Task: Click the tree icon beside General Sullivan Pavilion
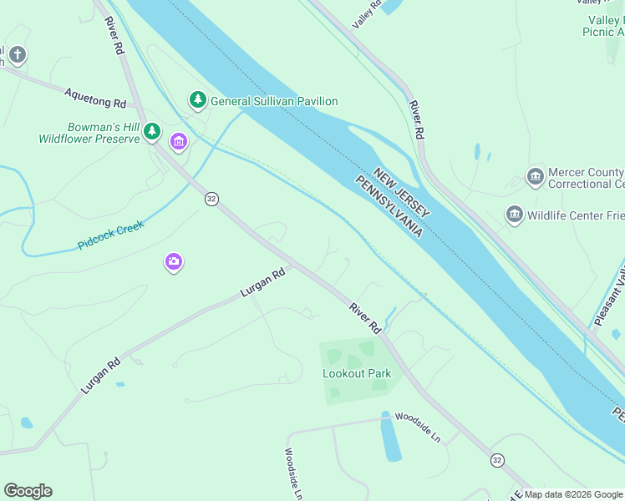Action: click(x=197, y=100)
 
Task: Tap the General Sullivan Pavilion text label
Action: click(x=274, y=101)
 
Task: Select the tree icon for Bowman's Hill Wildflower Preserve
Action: click(x=152, y=130)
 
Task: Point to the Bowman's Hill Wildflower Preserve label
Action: click(x=91, y=133)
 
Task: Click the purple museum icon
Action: click(x=178, y=141)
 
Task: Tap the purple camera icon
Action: click(x=173, y=262)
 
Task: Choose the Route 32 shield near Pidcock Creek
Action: click(x=212, y=199)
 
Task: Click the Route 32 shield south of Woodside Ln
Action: click(x=498, y=460)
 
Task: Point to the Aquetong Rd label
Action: click(x=94, y=97)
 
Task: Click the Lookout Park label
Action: click(x=357, y=373)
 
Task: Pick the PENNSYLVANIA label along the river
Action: click(x=390, y=205)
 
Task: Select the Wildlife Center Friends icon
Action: click(x=515, y=215)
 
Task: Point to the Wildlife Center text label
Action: click(x=576, y=215)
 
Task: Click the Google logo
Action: click(x=28, y=491)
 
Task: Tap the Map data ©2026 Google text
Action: click(x=574, y=494)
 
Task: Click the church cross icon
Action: click(x=17, y=56)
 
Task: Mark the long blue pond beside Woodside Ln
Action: click(x=389, y=438)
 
